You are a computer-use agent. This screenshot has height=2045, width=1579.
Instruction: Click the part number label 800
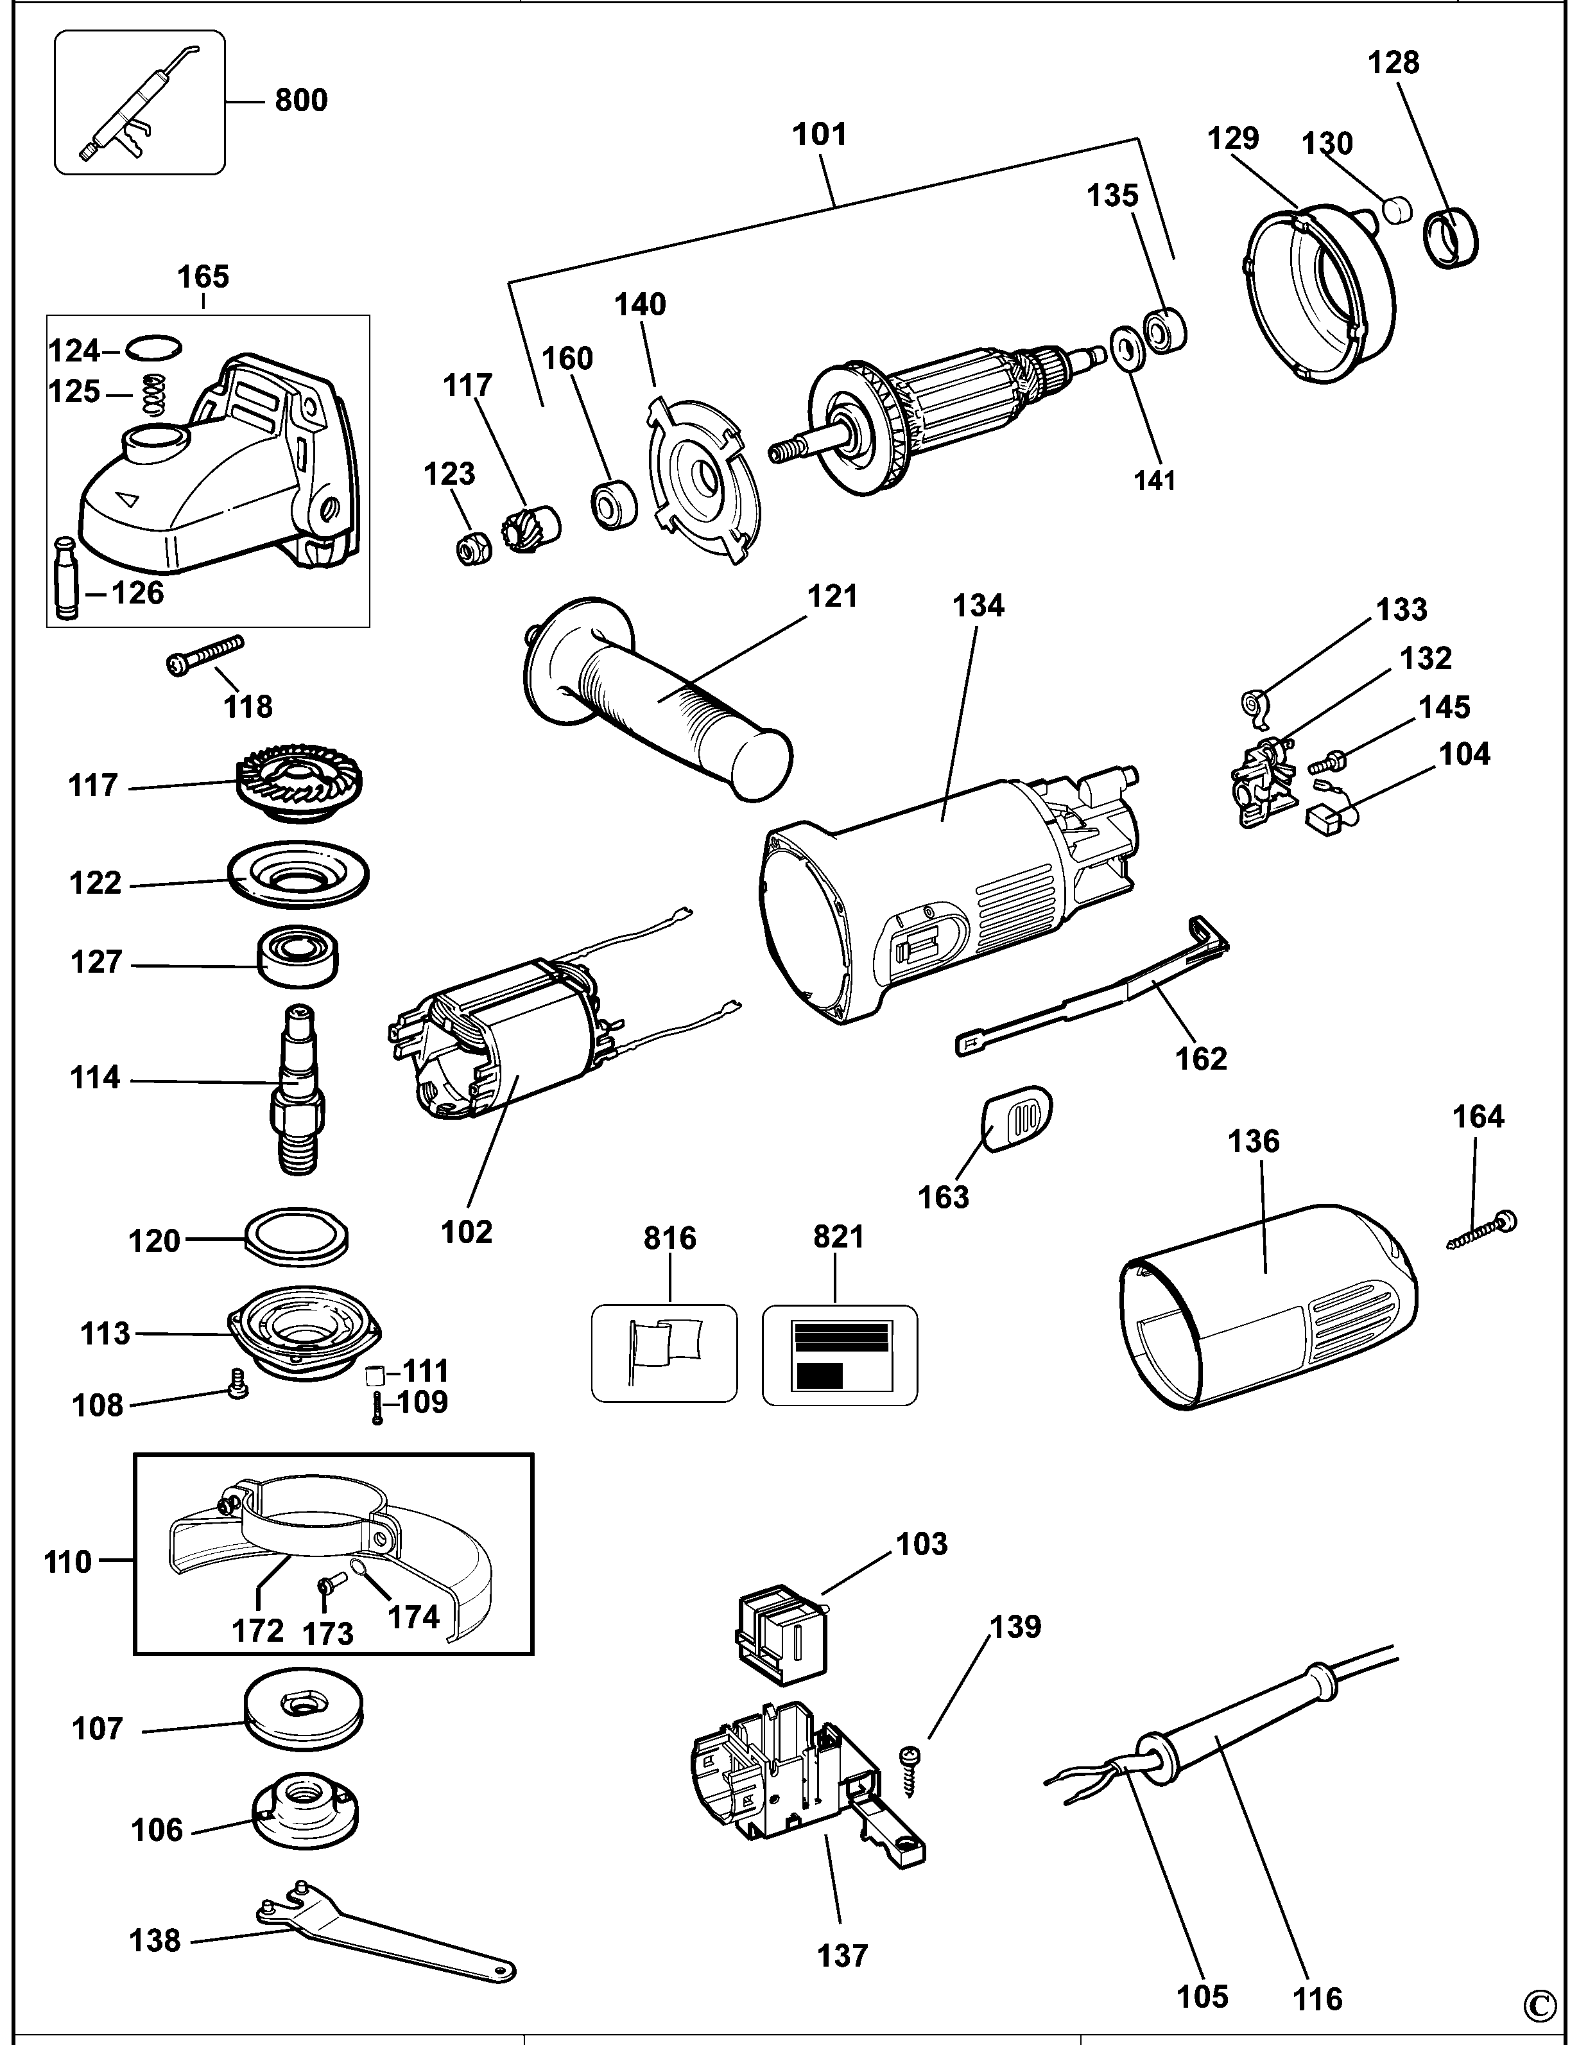300,100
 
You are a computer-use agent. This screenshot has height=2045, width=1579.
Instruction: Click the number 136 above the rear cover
1254,1140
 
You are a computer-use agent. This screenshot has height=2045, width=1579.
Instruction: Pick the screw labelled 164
1483,1231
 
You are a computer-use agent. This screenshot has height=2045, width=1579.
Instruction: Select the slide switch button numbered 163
1017,1117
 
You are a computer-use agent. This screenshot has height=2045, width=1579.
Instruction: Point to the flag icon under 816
666,1349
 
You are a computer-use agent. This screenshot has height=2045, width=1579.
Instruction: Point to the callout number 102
466,1231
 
